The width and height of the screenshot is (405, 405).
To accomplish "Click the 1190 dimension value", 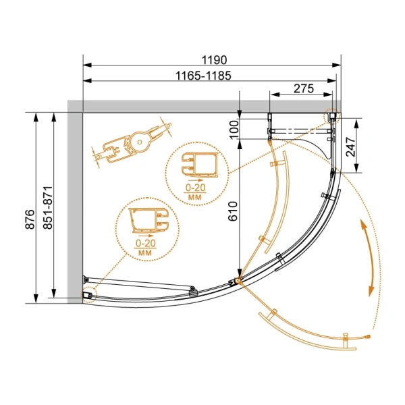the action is point(214,60).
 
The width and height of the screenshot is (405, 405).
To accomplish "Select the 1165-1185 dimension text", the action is point(203,76).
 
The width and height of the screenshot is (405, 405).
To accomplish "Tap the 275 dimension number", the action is point(304,88).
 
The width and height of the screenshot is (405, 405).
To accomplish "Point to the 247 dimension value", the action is point(351,146).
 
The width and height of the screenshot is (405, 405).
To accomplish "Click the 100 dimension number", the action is point(234,130).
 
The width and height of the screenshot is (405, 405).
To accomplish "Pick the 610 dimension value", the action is point(233,211).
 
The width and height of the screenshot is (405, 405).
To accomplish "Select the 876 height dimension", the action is point(30,219).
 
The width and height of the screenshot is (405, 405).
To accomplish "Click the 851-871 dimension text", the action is point(48,207).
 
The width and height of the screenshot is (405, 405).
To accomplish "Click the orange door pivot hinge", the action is point(237,280).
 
